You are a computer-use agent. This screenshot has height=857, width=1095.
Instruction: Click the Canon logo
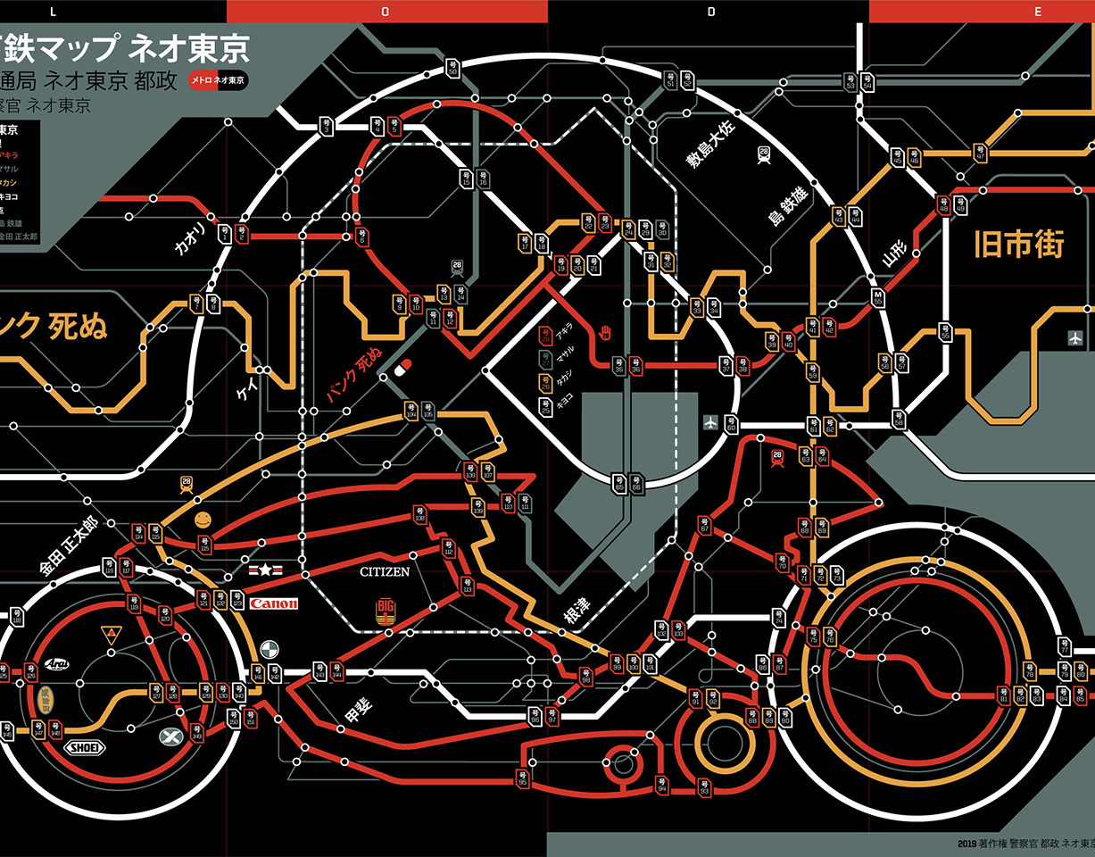point(274,604)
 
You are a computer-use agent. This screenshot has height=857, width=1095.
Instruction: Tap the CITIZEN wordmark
point(385,571)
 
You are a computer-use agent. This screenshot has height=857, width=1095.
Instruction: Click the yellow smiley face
point(203,520)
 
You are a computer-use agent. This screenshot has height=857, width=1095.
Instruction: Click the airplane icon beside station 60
point(710,422)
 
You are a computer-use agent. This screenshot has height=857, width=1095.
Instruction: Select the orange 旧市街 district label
point(1018,245)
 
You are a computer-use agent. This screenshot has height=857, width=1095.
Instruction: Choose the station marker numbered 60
point(731,425)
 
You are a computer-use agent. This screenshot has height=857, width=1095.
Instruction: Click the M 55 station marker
point(877,297)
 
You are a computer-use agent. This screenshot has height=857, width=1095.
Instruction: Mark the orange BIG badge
point(386,612)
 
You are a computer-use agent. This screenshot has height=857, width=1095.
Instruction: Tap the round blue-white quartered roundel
point(270,649)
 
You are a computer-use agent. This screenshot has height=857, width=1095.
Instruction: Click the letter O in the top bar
point(386,11)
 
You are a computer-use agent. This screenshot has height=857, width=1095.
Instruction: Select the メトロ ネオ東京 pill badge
point(218,80)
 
